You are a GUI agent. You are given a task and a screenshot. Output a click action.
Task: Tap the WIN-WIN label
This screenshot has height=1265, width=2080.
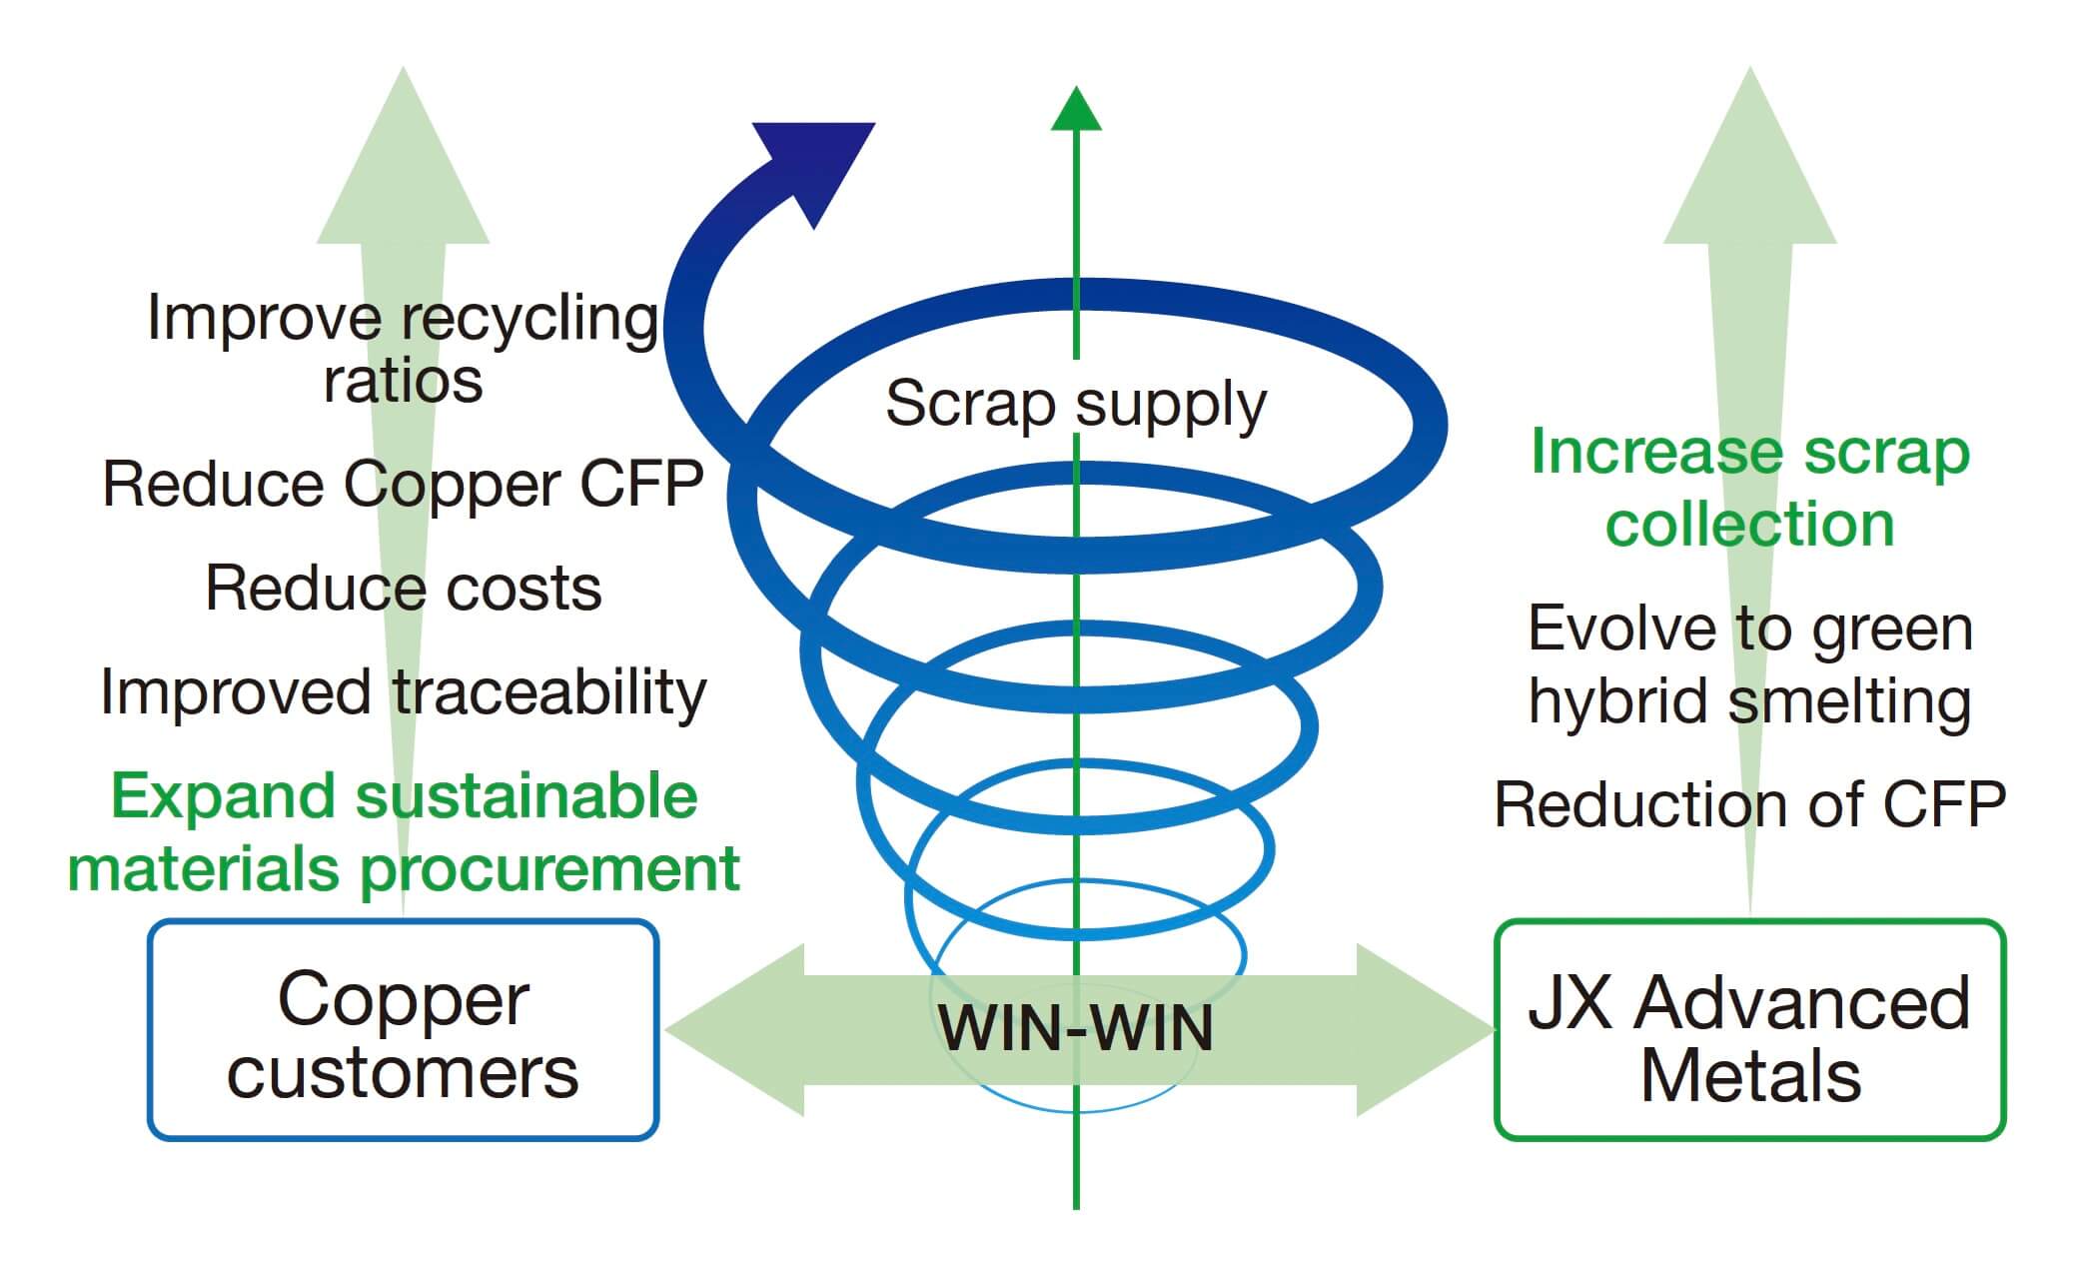pyautogui.click(x=1076, y=1028)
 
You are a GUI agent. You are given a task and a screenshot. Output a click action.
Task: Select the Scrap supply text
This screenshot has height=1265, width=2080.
pyautogui.click(x=1076, y=404)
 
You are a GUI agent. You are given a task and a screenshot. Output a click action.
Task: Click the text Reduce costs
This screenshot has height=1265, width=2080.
pyautogui.click(x=403, y=588)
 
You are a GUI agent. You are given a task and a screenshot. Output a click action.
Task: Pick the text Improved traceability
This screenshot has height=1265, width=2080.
pyautogui.click(x=403, y=691)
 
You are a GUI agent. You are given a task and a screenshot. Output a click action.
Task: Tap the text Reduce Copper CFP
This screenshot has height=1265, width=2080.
pyautogui.click(x=403, y=485)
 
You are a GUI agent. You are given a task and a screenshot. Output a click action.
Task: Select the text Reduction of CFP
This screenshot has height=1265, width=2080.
pyautogui.click(x=1749, y=804)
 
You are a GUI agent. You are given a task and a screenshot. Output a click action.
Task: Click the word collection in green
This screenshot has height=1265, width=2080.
pyautogui.click(x=1749, y=525)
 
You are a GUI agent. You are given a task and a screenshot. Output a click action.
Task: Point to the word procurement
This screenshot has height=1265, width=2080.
pyautogui.click(x=549, y=869)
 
